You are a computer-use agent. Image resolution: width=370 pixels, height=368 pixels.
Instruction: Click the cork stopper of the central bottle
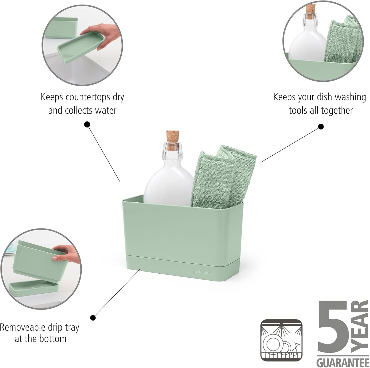(173, 140)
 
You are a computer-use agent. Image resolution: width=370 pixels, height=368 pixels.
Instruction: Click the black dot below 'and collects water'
(87, 124)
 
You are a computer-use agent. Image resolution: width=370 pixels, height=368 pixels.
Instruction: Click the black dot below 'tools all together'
(321, 126)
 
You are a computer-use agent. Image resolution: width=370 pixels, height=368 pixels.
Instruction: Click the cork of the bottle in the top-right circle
(311, 11)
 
